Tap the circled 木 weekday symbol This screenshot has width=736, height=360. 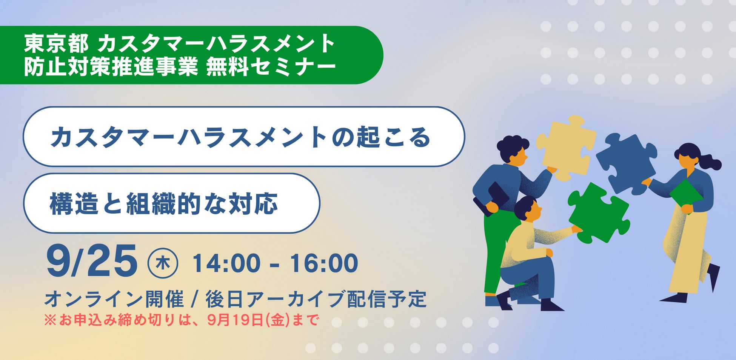pyautogui.click(x=163, y=263)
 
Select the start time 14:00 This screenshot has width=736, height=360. pyautogui.click(x=226, y=263)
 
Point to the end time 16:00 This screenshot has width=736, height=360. pyautogui.click(x=324, y=263)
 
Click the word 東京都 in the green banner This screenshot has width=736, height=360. pyautogui.click(x=56, y=44)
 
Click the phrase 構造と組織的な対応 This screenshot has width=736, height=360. pyautogui.click(x=164, y=203)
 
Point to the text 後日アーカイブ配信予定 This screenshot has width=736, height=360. pyautogui.click(x=316, y=299)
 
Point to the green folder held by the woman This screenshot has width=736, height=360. pyautogui.click(x=686, y=195)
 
